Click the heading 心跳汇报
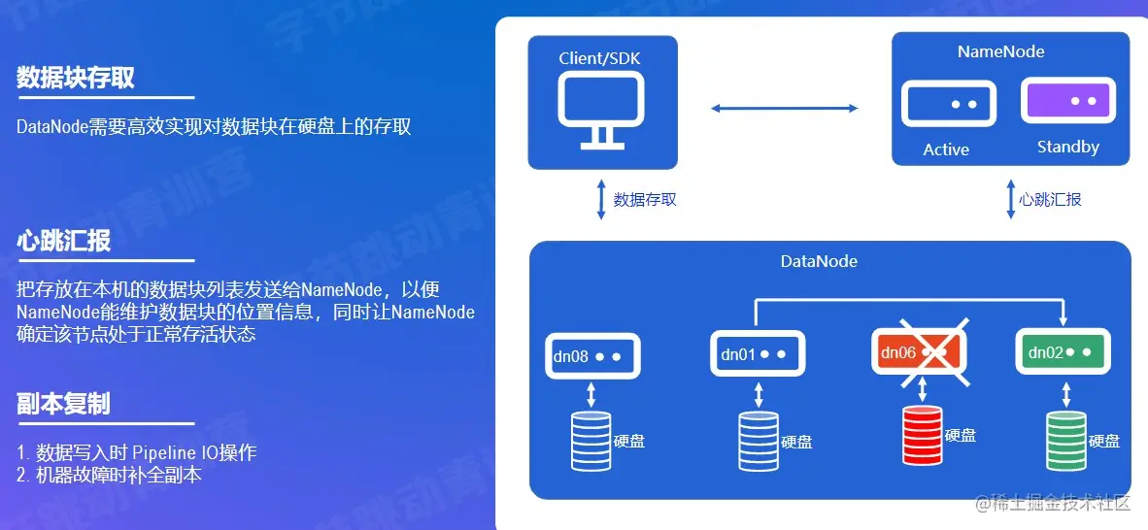point(63,242)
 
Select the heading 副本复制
point(63,404)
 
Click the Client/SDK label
point(600,58)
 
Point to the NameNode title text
point(1000,51)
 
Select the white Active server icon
point(949,104)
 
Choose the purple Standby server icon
point(1065,101)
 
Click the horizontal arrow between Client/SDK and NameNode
point(785,108)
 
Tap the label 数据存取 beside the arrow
point(645,199)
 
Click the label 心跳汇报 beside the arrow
point(1050,199)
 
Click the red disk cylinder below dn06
point(923,435)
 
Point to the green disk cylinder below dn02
point(1065,440)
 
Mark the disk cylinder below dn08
point(591,440)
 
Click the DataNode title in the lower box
point(819,261)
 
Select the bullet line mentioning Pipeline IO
point(137,452)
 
